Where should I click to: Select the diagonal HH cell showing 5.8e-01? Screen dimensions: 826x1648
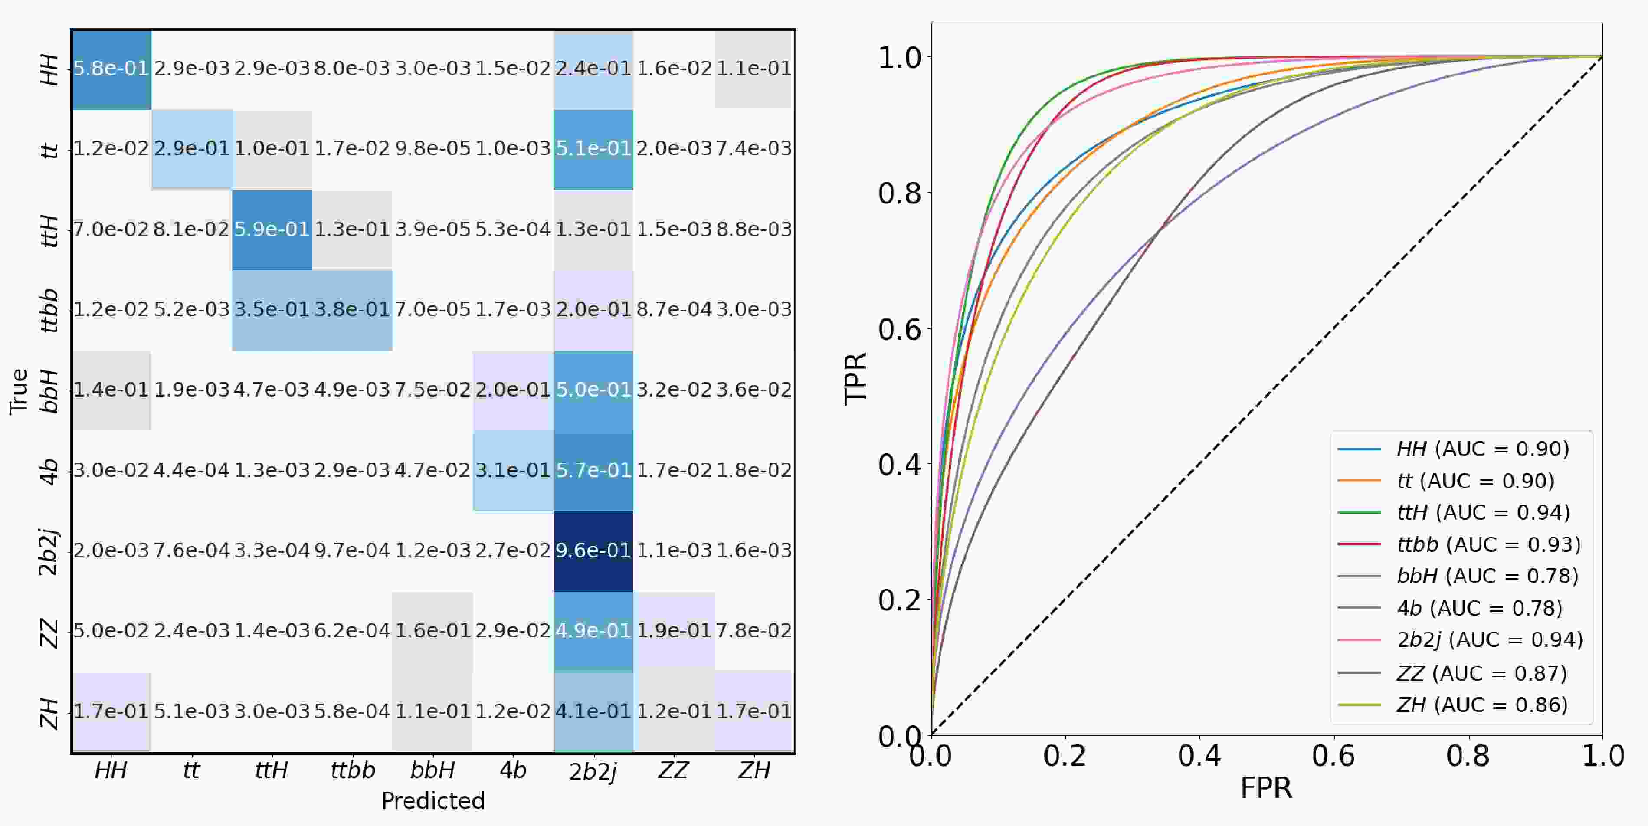click(111, 69)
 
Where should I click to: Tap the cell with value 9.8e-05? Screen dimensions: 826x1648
click(432, 148)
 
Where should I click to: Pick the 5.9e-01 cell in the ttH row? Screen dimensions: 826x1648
click(272, 229)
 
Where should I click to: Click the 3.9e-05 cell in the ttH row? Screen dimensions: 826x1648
click(432, 229)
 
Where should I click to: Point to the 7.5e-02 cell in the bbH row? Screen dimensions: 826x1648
click(432, 390)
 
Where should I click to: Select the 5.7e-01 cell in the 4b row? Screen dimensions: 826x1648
click(593, 470)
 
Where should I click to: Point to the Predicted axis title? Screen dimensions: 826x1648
click(432, 801)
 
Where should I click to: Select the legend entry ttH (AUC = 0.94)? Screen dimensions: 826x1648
click(1483, 512)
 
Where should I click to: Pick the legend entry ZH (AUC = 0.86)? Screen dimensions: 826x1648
click(1482, 705)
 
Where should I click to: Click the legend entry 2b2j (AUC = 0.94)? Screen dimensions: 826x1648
click(1489, 640)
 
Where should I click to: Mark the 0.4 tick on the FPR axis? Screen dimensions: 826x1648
click(1199, 756)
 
